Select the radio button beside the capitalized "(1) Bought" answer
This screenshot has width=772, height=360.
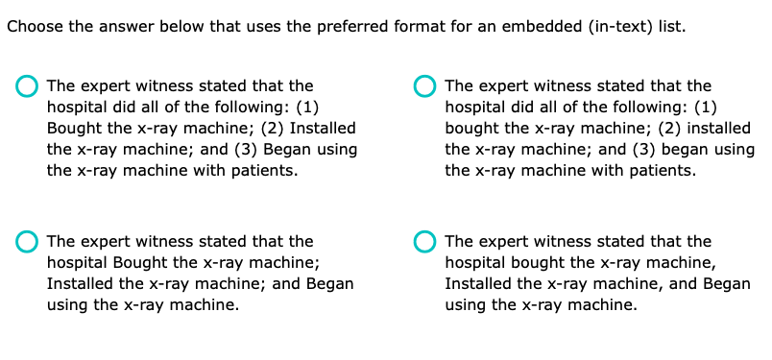pyautogui.click(x=28, y=86)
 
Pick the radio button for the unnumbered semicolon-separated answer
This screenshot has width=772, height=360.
pyautogui.click(x=28, y=242)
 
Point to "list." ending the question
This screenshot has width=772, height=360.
pyautogui.click(x=671, y=26)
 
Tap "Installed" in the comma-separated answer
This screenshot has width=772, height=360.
pyautogui.click(x=477, y=284)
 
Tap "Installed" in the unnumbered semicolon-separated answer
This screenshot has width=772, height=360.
pyautogui.click(x=80, y=284)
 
